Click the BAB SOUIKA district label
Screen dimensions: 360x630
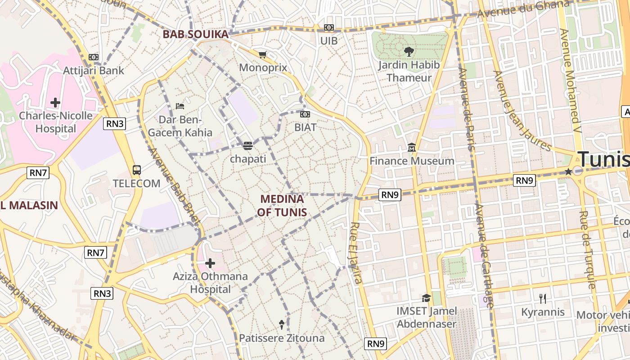tap(195, 34)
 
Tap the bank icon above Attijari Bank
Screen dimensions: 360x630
tap(94, 57)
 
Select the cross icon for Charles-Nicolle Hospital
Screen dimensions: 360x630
tap(55, 103)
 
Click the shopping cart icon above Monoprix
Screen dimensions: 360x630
tap(263, 54)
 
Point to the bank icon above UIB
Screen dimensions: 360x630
tap(329, 27)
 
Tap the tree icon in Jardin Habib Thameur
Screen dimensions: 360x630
tap(409, 52)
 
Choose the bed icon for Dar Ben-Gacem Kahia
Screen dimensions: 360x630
tap(180, 106)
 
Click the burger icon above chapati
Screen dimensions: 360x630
tap(248, 145)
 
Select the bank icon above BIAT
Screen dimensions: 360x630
tap(305, 114)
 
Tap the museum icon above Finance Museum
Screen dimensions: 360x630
tap(412, 148)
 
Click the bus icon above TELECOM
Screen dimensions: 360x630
tap(137, 170)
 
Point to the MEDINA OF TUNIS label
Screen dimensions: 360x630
tap(283, 205)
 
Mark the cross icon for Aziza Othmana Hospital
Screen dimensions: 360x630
tap(210, 263)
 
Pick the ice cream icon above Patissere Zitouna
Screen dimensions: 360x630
tap(282, 324)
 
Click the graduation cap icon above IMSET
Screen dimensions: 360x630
tap(426, 298)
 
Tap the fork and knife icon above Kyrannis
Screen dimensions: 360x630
tap(543, 298)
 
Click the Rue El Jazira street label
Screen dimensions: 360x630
tap(355, 253)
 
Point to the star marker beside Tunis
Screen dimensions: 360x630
tap(568, 171)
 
